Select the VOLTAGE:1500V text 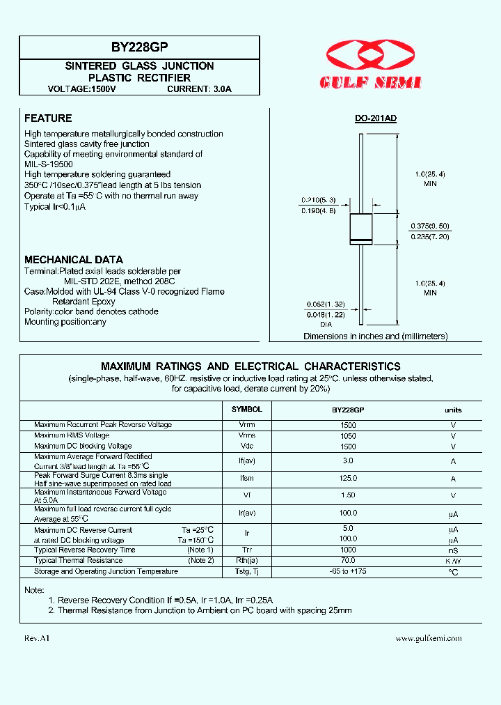pos(82,89)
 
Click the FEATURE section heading pos(48,118)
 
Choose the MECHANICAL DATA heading pos(74,260)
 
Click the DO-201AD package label pos(375,118)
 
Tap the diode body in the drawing pos(360,228)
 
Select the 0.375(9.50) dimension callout pos(429,226)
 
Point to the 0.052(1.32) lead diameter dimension pos(326,304)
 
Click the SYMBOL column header pos(246,410)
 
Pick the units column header pos(453,410)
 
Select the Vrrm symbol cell pos(246,424)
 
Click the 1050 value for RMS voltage pos(348,435)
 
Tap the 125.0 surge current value pos(348,479)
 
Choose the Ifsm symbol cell pos(246,479)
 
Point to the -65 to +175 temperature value pos(348,571)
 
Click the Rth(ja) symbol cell pos(246,561)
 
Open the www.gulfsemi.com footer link pos(428,638)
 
